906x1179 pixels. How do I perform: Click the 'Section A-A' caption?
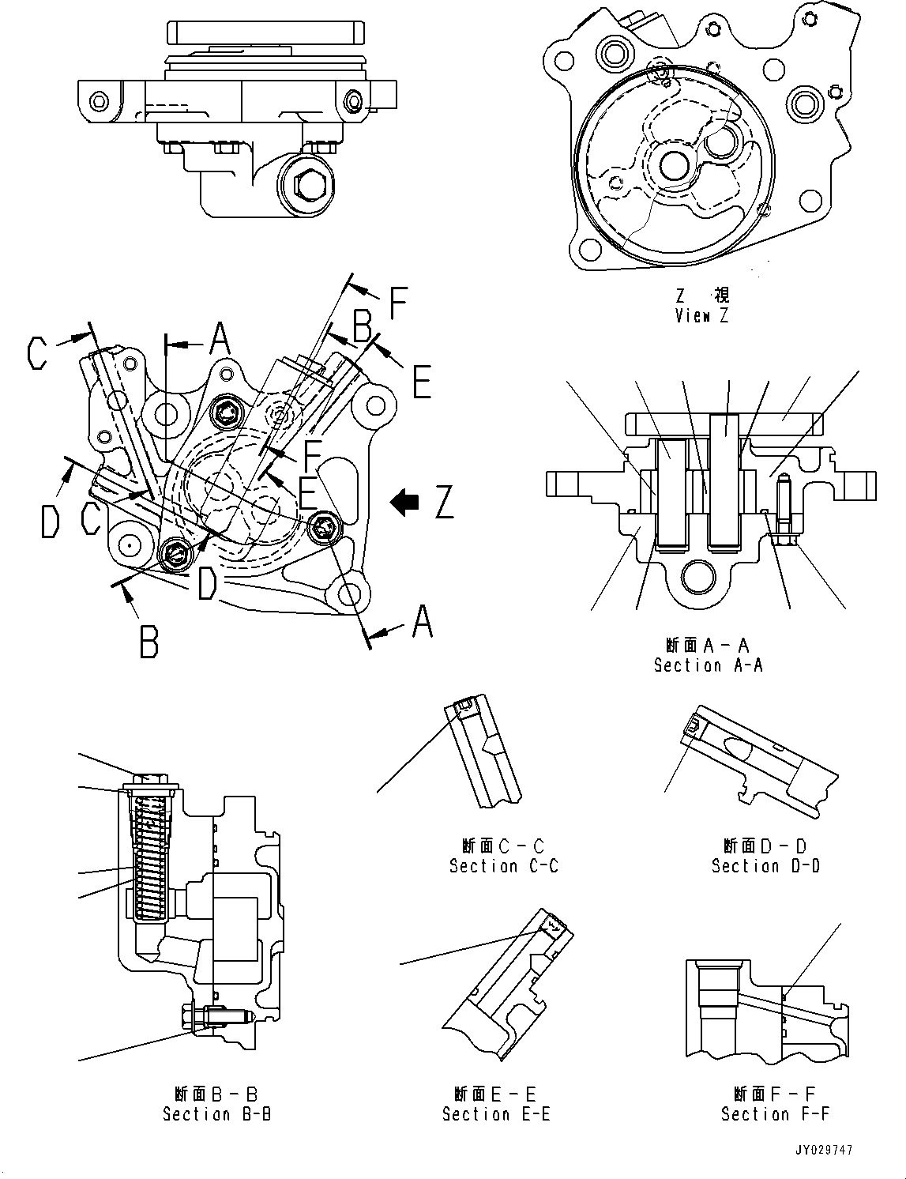pyautogui.click(x=708, y=665)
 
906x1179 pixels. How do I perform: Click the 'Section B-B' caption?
pyautogui.click(x=216, y=1114)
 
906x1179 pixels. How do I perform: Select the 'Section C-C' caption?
pyautogui.click(x=503, y=866)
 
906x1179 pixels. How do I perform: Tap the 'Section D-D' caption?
pyautogui.click(x=765, y=866)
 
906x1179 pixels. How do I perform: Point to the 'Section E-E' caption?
pyautogui.click(x=496, y=1114)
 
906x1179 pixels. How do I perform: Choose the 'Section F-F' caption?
pyautogui.click(x=775, y=1114)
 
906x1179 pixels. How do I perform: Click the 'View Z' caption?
pyautogui.click(x=701, y=315)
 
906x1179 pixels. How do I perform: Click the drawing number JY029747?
pyautogui.click(x=824, y=1151)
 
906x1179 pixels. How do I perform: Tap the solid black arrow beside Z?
pyautogui.click(x=408, y=502)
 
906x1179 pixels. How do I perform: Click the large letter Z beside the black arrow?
pyautogui.click(x=444, y=502)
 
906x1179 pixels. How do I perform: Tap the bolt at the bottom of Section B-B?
pyautogui.click(x=213, y=1018)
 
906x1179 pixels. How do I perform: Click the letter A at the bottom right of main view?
pyautogui.click(x=423, y=621)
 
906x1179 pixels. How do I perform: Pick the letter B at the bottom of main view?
pyautogui.click(x=148, y=642)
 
